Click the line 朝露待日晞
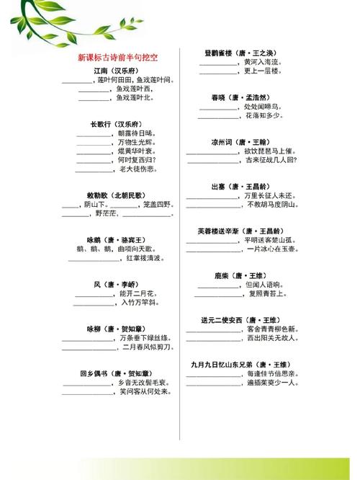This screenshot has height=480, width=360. click(134, 133)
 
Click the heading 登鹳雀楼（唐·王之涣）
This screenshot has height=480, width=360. click(240, 53)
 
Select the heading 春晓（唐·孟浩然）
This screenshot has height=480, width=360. click(240, 97)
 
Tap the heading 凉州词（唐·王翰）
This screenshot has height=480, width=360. click(240, 142)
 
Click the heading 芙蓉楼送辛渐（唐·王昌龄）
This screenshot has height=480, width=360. click(240, 231)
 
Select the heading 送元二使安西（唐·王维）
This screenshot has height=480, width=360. click(240, 319)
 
